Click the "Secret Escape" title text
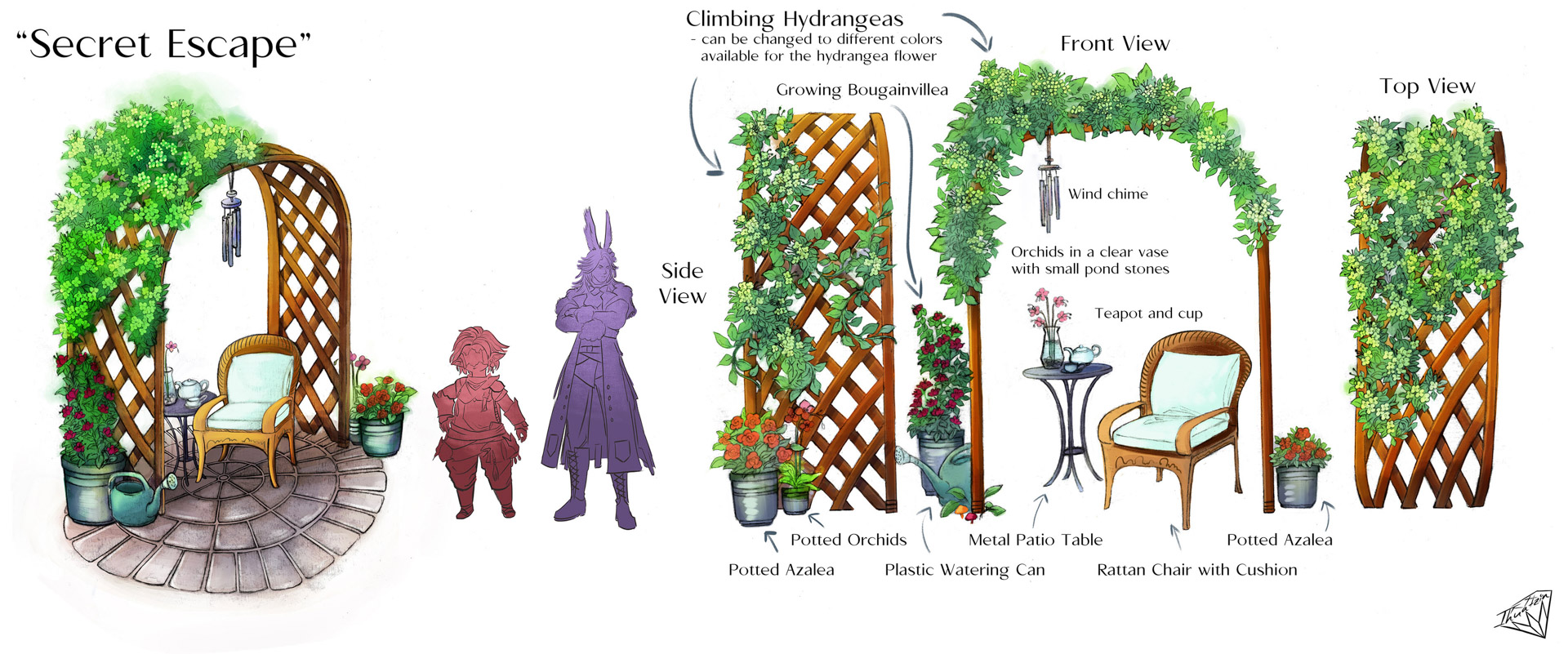[x=164, y=44]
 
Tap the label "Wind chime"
[x=1107, y=194]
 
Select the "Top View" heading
[x=1427, y=87]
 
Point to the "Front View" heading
[x=1115, y=44]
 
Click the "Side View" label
[x=682, y=283]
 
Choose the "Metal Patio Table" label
[x=1035, y=540]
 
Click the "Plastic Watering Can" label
[x=964, y=570]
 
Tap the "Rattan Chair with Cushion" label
[x=1196, y=570]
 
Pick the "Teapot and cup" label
[x=1148, y=314]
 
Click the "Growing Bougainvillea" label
[x=862, y=90]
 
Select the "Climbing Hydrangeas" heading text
[x=794, y=19]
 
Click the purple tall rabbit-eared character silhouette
[x=596, y=367]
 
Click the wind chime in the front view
[x=1048, y=192]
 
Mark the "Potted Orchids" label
[x=848, y=540]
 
